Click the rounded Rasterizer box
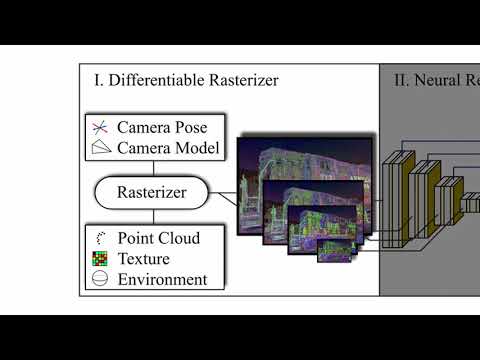point(152,192)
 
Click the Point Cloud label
point(159,238)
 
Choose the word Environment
point(162,279)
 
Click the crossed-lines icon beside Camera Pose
point(100,128)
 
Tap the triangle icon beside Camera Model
point(100,148)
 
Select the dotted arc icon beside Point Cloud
point(100,238)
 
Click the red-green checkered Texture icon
point(100,258)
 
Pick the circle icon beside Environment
point(100,279)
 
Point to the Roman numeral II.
point(400,80)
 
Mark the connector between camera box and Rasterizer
point(152,168)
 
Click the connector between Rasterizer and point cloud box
point(152,217)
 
